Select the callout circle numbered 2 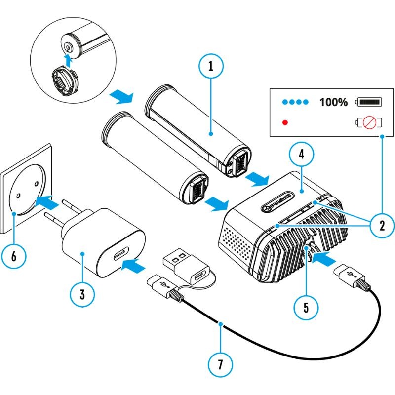(x=381, y=226)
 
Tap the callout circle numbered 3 (x=82, y=294)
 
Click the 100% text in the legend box (x=333, y=102)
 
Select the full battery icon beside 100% (x=370, y=102)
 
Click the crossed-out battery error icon (x=369, y=122)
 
